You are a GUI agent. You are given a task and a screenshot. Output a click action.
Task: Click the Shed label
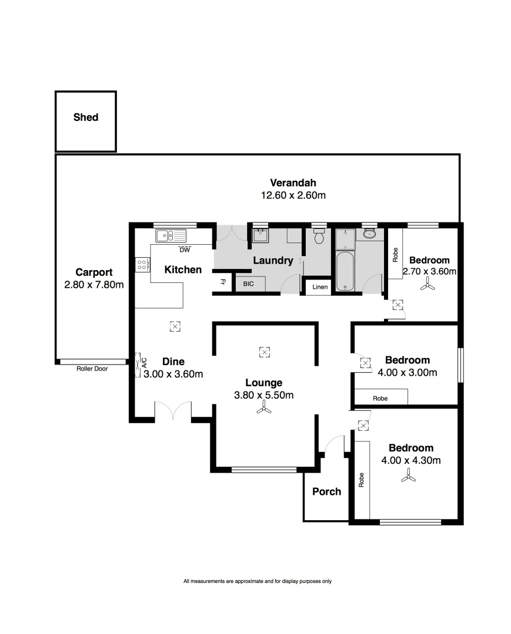(x=86, y=117)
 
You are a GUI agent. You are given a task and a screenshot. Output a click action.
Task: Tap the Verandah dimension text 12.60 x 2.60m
(x=293, y=195)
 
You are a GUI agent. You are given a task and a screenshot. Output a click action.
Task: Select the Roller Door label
(x=92, y=369)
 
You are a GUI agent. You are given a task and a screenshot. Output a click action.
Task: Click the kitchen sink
(x=170, y=236)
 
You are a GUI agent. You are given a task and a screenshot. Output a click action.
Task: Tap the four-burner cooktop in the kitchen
(x=142, y=265)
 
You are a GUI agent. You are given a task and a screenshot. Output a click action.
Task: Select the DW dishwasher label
(x=185, y=249)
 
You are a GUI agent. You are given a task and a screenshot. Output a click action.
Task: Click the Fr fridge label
(x=223, y=282)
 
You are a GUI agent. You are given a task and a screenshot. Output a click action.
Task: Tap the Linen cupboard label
(x=320, y=287)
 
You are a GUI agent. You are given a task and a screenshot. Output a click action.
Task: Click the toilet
(x=319, y=237)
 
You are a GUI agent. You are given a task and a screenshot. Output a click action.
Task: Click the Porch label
(x=326, y=491)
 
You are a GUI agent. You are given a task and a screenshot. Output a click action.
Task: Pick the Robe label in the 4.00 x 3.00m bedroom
(x=380, y=398)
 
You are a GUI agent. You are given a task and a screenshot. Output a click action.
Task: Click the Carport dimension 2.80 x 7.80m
(x=94, y=285)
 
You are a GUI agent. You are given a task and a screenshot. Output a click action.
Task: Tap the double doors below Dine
(x=173, y=411)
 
